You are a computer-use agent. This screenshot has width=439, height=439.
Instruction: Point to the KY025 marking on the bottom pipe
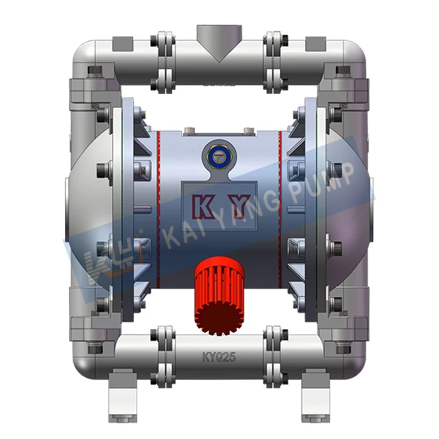click(x=219, y=356)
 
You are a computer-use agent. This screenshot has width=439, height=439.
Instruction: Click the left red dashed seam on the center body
click(x=156, y=206)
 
